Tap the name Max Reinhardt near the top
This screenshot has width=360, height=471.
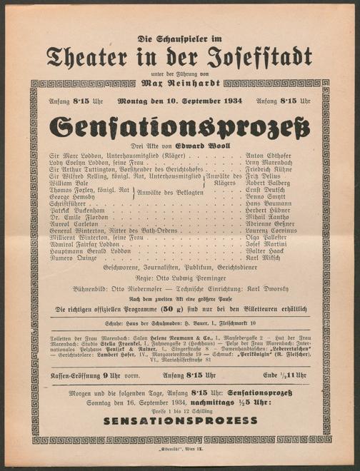pos(181,83)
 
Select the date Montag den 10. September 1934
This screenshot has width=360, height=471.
pos(180,101)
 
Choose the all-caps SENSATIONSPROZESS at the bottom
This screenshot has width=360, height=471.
pos(180,421)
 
